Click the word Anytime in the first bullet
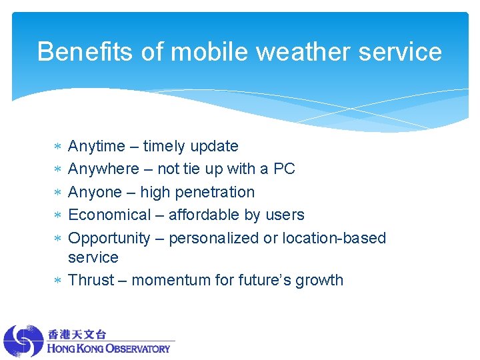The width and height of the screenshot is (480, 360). pos(97,147)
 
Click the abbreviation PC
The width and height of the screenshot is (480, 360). pos(284,169)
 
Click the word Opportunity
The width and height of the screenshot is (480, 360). pos(109,238)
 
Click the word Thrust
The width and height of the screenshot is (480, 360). pos(91,280)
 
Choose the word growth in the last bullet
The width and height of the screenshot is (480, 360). pos(320,280)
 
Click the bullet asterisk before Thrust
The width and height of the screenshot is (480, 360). pos(57,281)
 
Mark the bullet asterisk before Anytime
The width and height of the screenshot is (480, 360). pos(57,147)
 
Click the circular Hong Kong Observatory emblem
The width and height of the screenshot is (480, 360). pos(23,341)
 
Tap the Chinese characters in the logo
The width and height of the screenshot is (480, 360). pos(77,334)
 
